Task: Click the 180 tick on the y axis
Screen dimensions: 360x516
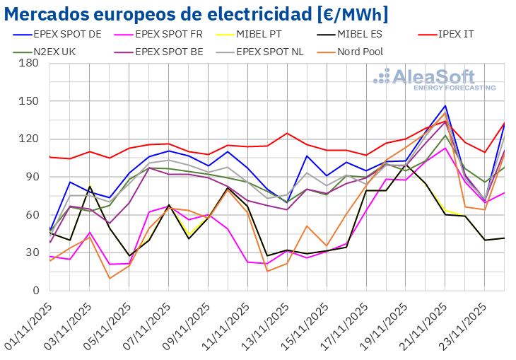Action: tap(29, 63)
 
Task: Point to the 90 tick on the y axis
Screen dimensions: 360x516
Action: tap(32, 177)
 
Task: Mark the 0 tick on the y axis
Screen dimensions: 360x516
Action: tap(35, 290)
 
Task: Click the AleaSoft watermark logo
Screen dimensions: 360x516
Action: tap(434, 78)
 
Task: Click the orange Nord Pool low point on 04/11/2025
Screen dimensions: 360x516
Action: tap(110, 278)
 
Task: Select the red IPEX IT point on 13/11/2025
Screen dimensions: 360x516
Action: tap(287, 133)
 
